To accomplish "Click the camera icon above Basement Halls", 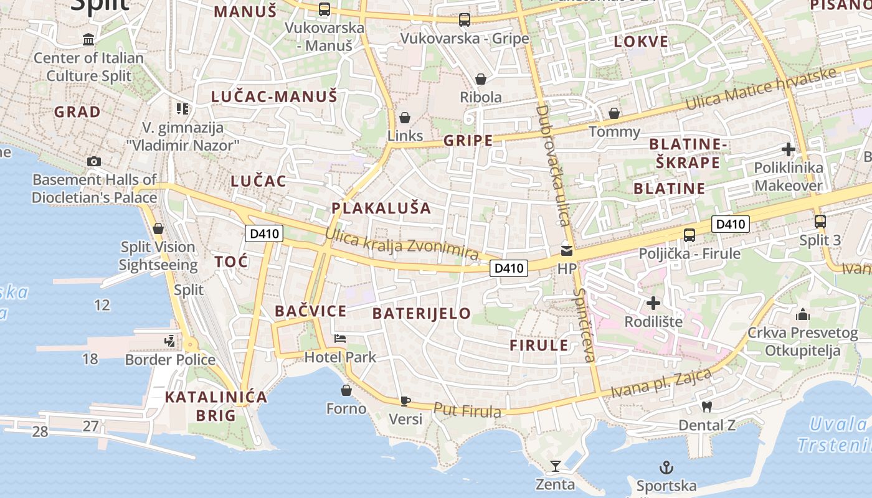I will pyautogui.click(x=94, y=162).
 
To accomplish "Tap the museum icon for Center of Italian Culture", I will pyautogui.click(x=88, y=40).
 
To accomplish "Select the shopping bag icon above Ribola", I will pyautogui.click(x=480, y=79).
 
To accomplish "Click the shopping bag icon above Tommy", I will pyautogui.click(x=614, y=113).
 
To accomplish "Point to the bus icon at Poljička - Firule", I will pyautogui.click(x=690, y=235).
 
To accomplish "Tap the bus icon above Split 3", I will pyautogui.click(x=820, y=221).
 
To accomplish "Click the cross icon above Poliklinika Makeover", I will pyautogui.click(x=789, y=149).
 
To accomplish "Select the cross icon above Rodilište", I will pyautogui.click(x=653, y=304).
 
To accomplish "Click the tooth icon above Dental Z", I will pyautogui.click(x=706, y=407).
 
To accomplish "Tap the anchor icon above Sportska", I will pyautogui.click(x=666, y=467).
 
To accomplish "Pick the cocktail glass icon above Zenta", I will pyautogui.click(x=555, y=466).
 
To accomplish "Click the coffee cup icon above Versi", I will pyautogui.click(x=405, y=401).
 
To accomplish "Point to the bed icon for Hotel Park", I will pyautogui.click(x=340, y=339).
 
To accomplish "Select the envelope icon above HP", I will pyautogui.click(x=567, y=251).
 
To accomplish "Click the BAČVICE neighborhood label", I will pyautogui.click(x=311, y=311).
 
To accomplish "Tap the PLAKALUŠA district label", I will pyautogui.click(x=381, y=209).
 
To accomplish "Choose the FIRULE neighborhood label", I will pyautogui.click(x=539, y=345).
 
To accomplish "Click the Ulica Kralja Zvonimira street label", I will pyautogui.click(x=402, y=245).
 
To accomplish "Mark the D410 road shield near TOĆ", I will pyautogui.click(x=264, y=234).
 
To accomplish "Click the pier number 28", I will pyautogui.click(x=40, y=431).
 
